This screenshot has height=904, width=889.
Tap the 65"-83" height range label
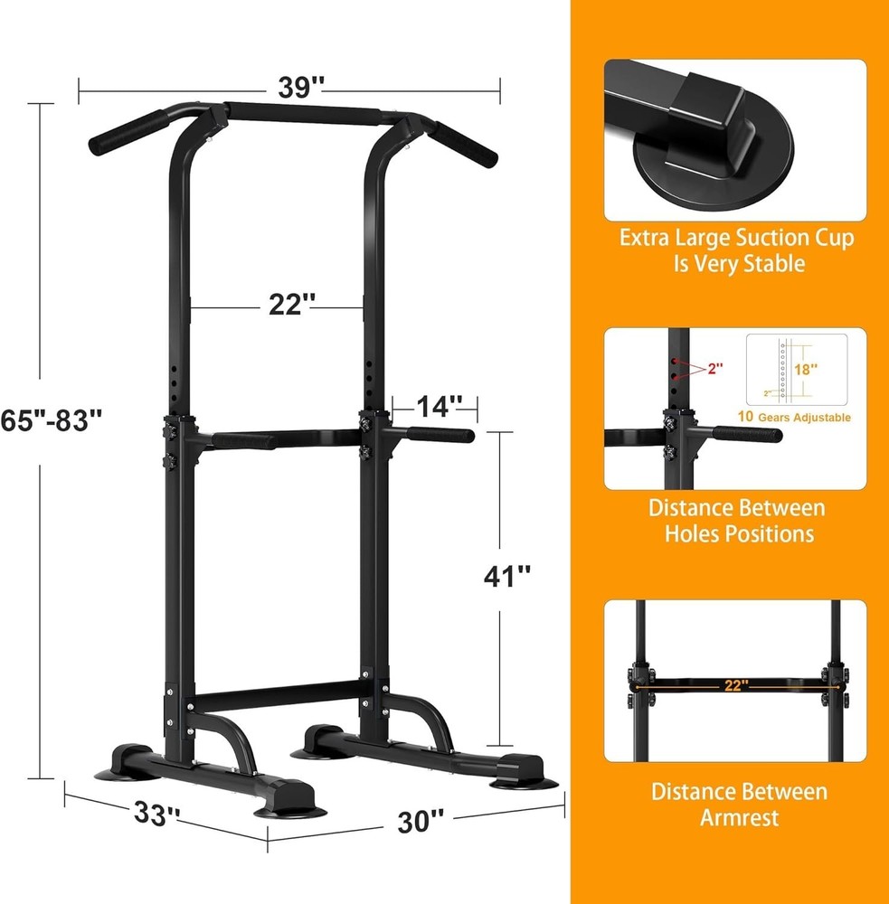click(52, 420)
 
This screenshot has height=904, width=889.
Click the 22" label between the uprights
click(289, 306)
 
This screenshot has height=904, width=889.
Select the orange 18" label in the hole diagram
click(804, 369)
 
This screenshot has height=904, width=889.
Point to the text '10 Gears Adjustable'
click(793, 417)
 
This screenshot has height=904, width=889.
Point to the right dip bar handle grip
click(445, 436)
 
